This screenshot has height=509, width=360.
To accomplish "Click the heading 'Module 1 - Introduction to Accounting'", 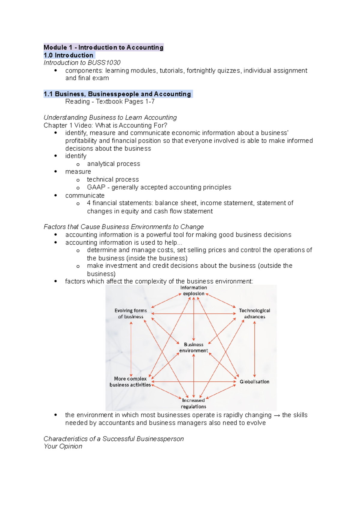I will [103, 47].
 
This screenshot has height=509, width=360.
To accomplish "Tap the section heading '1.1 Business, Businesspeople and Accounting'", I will [117, 94].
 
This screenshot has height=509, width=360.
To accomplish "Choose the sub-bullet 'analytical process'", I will [113, 164].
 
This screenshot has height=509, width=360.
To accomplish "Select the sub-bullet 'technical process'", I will [113, 180].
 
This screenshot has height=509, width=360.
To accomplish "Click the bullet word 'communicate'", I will [85, 195].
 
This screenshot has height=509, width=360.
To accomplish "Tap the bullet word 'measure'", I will [78, 172].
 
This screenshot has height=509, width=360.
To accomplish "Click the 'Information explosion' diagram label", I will [193, 290].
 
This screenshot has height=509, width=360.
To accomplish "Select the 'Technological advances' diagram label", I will [254, 314].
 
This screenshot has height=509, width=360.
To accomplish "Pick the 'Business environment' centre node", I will [193, 347].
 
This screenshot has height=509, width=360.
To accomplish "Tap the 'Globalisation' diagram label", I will [254, 382].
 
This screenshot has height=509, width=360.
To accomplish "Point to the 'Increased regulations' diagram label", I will [193, 403].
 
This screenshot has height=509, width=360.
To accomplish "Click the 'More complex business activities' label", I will [130, 382].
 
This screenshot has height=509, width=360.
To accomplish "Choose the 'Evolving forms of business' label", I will [130, 314].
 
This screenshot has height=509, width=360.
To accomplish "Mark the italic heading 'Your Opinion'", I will [63, 446].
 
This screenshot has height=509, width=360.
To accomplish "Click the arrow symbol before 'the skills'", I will [277, 415].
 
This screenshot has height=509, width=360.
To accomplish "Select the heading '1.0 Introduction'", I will [68, 55].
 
